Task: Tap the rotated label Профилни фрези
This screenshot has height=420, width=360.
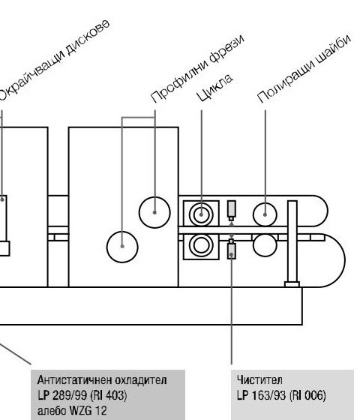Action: pos(198,68)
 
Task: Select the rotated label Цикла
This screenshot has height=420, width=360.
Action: pos(214,87)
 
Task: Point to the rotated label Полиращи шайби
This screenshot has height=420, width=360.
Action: pos(304,68)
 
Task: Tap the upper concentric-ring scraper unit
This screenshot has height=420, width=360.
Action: pos(201,214)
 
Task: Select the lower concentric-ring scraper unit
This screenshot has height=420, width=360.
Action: pos(201,246)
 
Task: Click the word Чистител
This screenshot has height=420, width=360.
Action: pos(259,379)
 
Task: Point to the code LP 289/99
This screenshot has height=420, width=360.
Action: pos(63,395)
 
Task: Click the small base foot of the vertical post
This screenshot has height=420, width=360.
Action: pos(292,284)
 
